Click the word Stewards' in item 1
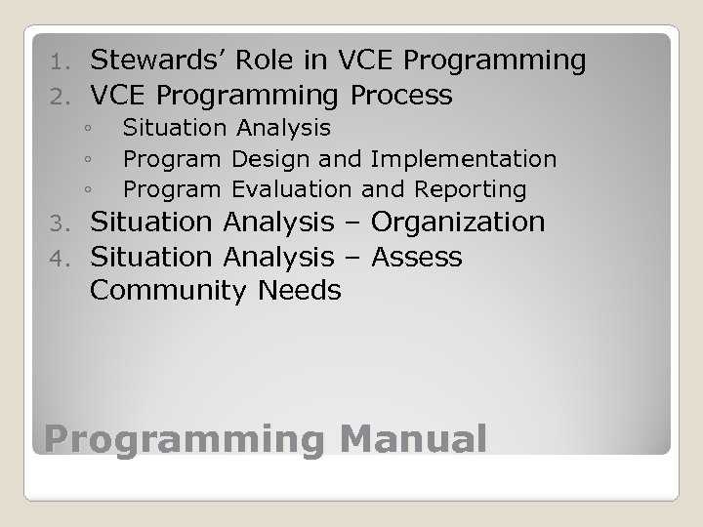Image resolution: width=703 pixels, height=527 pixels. point(154,61)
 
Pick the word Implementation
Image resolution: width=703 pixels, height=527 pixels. point(472,158)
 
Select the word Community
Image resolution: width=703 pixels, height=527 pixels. point(170,291)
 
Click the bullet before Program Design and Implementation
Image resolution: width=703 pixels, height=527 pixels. point(88,159)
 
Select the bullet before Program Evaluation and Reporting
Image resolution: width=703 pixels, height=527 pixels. point(88,189)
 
